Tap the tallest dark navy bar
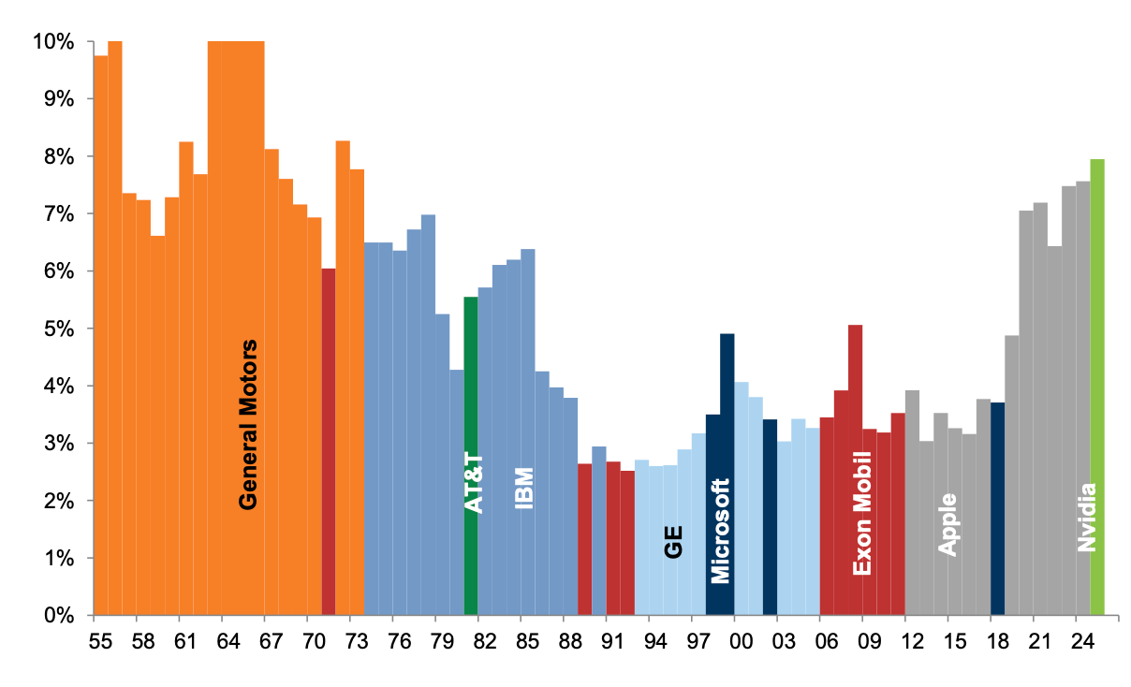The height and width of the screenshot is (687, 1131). point(727,468)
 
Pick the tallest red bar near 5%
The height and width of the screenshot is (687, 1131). point(855,468)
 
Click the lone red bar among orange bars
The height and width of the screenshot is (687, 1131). point(329,440)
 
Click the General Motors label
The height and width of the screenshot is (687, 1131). point(248,424)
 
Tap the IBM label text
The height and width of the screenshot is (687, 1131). point(524,488)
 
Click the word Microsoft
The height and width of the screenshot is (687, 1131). point(720,530)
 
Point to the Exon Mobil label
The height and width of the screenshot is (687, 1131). point(862,513)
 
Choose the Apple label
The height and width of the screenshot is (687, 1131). point(947,524)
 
